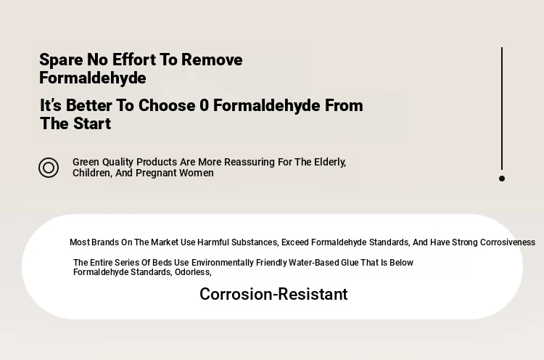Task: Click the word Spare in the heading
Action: (61, 60)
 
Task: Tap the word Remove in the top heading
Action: (212, 60)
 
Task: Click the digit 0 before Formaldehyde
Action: (204, 105)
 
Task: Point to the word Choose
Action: (167, 105)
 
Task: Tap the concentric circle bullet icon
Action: (49, 168)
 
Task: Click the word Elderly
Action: (330, 163)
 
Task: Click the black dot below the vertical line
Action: (502, 179)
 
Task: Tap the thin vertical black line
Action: (502, 109)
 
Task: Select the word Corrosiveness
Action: (507, 242)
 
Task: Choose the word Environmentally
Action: (223, 263)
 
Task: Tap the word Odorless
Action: (193, 272)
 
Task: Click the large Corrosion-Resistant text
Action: (273, 295)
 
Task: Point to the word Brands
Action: (104, 242)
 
